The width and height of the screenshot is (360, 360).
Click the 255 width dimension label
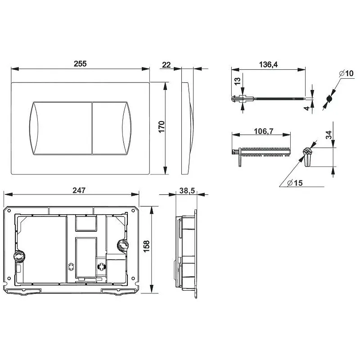(x=80, y=64)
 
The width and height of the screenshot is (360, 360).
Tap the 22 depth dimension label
(x=166, y=65)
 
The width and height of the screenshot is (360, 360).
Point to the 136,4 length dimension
(x=268, y=65)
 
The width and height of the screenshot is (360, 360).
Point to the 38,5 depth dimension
(x=187, y=191)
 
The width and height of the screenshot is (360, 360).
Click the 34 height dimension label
(x=329, y=135)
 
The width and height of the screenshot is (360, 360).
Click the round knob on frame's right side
(x=121, y=245)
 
